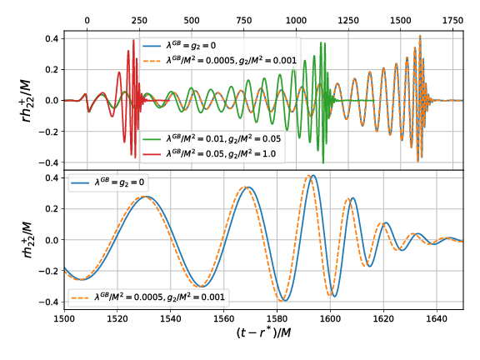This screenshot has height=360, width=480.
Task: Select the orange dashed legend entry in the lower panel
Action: [x=150, y=296]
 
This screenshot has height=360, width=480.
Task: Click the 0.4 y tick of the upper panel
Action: [x=50, y=38]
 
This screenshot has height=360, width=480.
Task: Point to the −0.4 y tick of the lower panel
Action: [x=50, y=302]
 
